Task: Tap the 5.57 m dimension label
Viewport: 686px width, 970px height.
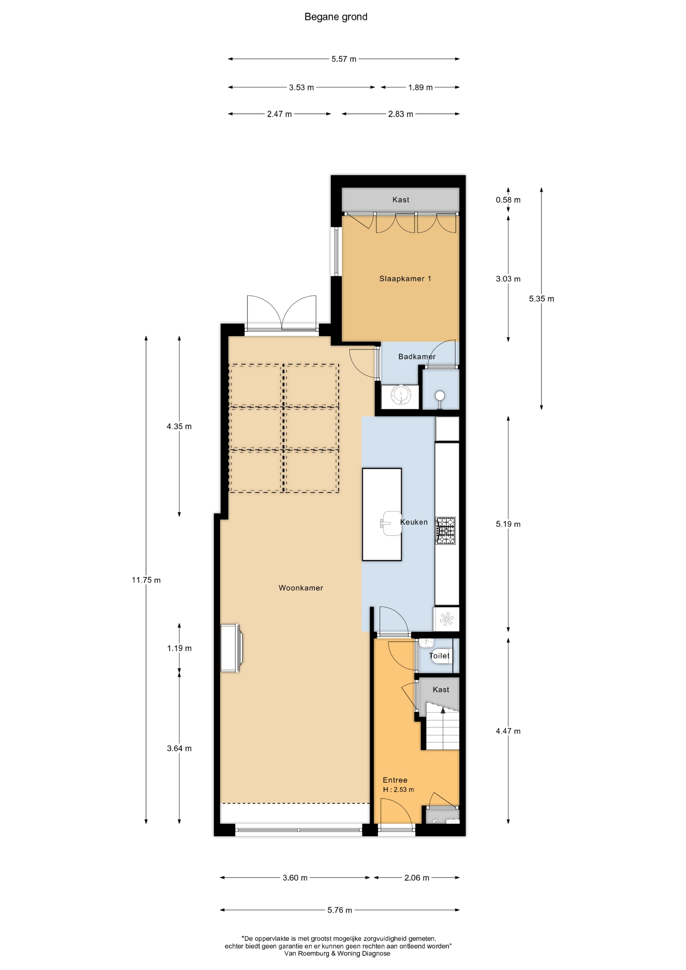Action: [x=344, y=59]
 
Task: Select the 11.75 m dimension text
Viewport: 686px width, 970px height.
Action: [x=146, y=580]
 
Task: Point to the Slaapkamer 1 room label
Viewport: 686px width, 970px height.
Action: [x=405, y=279]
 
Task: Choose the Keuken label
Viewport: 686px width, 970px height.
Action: [x=414, y=522]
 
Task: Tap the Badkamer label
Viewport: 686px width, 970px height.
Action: [x=417, y=357]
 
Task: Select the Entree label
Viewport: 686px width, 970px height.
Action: [x=395, y=780]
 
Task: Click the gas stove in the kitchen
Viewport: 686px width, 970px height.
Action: [x=446, y=531]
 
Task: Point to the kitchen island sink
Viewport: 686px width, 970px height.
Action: [x=391, y=523]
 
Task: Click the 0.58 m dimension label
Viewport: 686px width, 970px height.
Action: [x=508, y=200]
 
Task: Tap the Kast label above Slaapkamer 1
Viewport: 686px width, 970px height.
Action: [x=401, y=200]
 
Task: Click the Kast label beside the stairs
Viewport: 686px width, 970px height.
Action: [x=441, y=689]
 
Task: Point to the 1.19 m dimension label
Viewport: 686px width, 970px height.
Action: [x=179, y=648]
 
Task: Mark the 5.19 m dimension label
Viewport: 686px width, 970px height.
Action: [x=508, y=524]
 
